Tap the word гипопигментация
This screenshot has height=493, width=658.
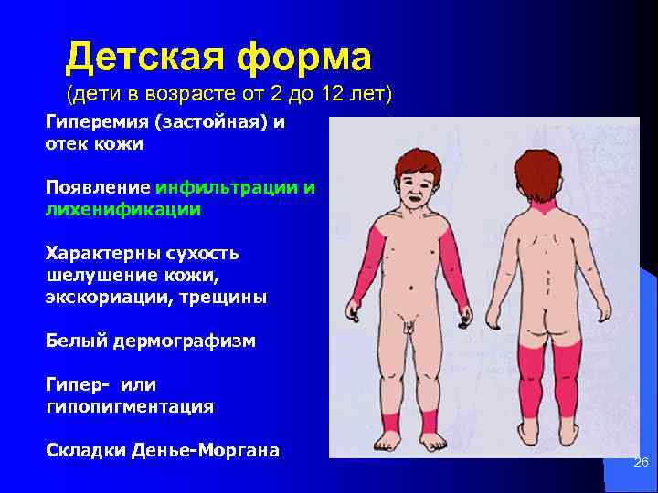tap(130, 406)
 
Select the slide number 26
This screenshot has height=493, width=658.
tap(641, 464)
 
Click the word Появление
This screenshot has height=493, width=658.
tap(98, 188)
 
